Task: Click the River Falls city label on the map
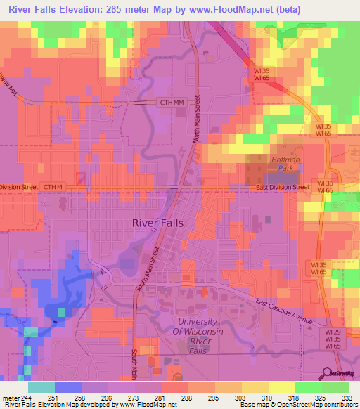(158, 222)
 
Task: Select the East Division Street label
(283, 188)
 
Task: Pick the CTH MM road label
(167, 103)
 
